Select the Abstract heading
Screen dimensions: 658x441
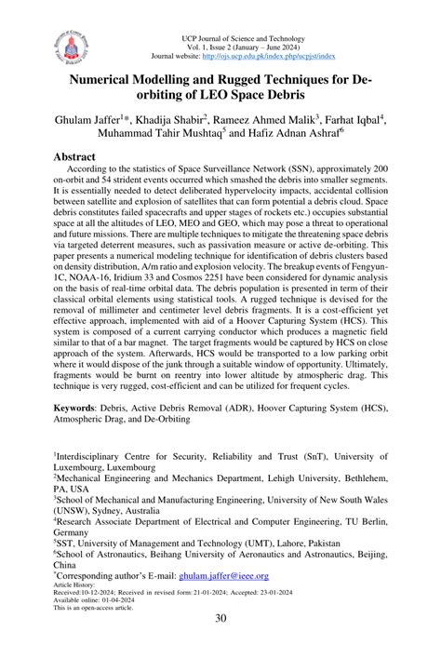pyautogui.click(x=79, y=158)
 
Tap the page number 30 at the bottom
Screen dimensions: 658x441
pyautogui.click(x=220, y=620)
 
